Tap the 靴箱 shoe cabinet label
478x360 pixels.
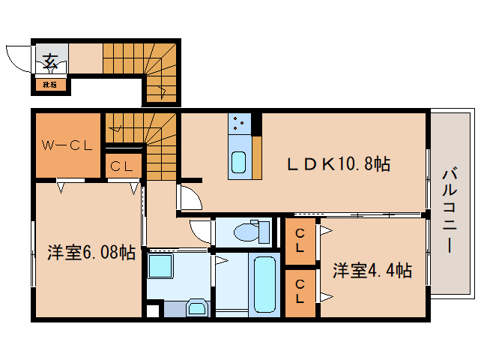click(x=50, y=84)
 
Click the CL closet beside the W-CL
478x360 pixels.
click(x=121, y=167)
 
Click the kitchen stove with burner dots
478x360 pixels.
click(x=241, y=121)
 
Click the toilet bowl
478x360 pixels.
click(x=247, y=232)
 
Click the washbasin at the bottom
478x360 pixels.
click(x=197, y=308)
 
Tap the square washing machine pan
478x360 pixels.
click(x=161, y=267)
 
